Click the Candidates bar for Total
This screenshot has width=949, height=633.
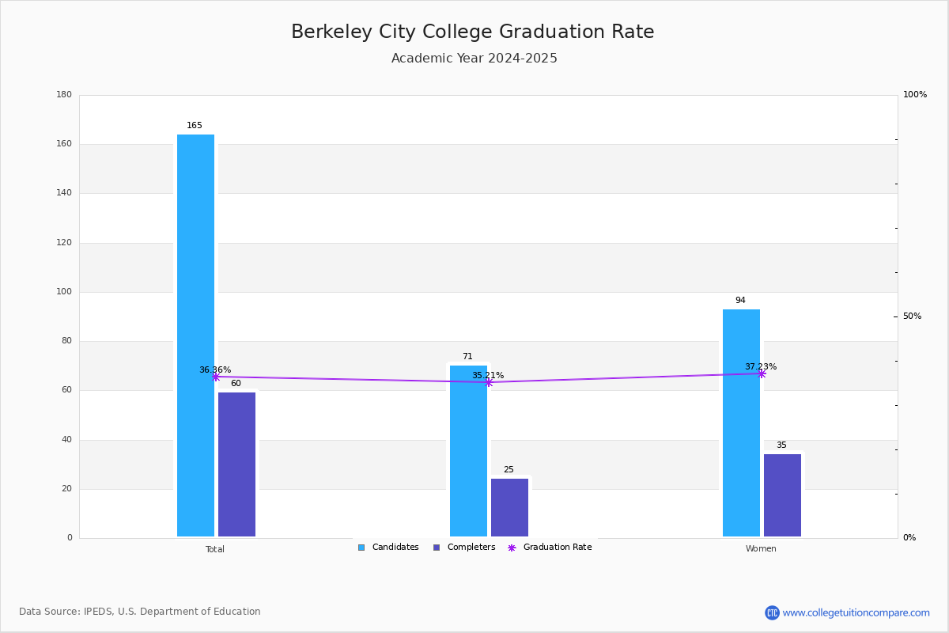pos(195,335)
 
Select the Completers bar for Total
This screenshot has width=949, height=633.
pos(236,464)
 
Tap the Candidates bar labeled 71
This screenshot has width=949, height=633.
pos(468,451)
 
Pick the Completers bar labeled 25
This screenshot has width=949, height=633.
pos(509,507)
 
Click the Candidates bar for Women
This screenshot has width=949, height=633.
pos(741,423)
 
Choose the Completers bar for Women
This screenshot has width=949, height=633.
pos(782,495)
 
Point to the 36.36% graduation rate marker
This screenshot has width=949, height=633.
pos(215,377)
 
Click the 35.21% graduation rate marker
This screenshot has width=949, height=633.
pos(488,382)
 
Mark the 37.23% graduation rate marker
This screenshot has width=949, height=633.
pos(762,373)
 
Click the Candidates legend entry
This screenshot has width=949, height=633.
pos(388,548)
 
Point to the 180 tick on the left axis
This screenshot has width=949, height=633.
pos(64,95)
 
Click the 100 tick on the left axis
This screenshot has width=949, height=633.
pos(64,292)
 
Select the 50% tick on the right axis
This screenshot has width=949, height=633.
pos(912,316)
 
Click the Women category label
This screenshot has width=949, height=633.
pos(761,549)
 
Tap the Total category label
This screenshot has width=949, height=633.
pos(215,549)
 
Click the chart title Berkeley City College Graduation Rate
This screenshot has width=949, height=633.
pos(473,32)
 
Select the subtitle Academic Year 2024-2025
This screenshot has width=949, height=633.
pos(475,59)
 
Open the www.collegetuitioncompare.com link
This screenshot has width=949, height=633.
pos(856,612)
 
